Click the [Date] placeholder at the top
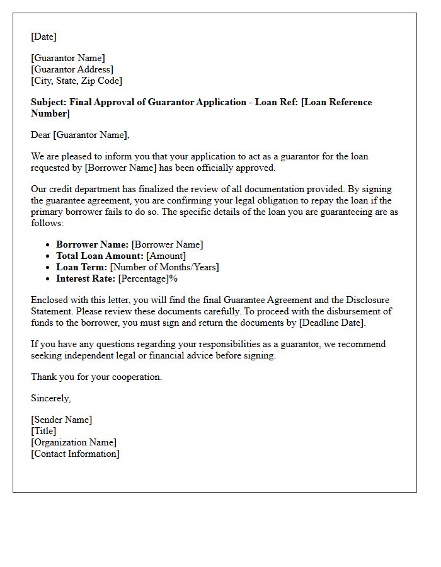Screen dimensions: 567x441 click(x=43, y=37)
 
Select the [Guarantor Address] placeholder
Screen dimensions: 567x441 click(x=72, y=69)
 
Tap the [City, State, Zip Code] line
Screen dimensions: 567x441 click(x=76, y=81)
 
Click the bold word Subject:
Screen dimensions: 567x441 click(x=49, y=102)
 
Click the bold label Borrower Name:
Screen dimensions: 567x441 click(x=92, y=244)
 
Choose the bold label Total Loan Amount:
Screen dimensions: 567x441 click(x=100, y=256)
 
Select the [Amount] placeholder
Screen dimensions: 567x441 click(x=166, y=256)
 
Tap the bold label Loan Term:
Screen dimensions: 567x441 click(x=81, y=267)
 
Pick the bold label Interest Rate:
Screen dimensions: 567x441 click(x=86, y=278)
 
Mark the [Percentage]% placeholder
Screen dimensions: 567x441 click(x=148, y=278)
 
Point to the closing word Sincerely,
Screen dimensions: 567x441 click(x=51, y=398)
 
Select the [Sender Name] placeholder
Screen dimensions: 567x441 click(x=61, y=420)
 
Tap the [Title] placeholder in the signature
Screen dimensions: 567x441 click(x=43, y=431)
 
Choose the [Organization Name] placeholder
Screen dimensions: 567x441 click(x=74, y=442)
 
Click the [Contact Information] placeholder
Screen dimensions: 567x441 click(x=75, y=454)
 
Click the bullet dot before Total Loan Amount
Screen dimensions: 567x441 click(x=49, y=256)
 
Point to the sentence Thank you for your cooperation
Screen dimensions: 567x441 click(x=96, y=377)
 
